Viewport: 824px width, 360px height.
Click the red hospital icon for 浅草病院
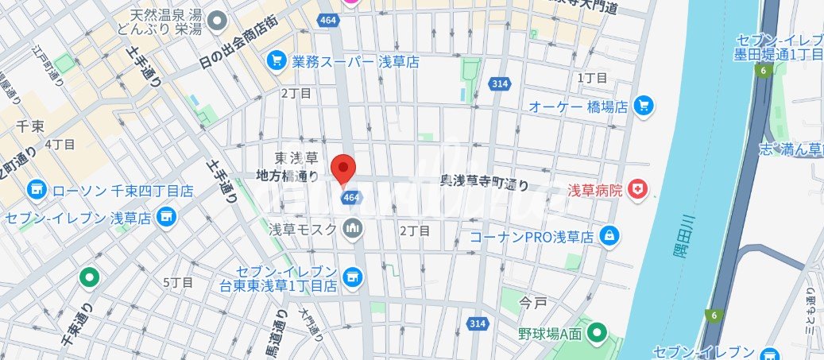click(636, 189)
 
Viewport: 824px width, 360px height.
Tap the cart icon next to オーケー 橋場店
click(644, 105)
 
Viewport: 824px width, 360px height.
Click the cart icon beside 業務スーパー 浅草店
click(277, 60)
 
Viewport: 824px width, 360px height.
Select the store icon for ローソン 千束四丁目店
click(36, 190)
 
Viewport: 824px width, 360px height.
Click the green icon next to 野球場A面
click(597, 332)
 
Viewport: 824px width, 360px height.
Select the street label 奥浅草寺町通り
click(484, 183)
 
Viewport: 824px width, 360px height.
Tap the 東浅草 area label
click(296, 157)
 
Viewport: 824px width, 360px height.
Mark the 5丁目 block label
click(178, 282)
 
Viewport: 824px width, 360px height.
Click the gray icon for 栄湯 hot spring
click(219, 18)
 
